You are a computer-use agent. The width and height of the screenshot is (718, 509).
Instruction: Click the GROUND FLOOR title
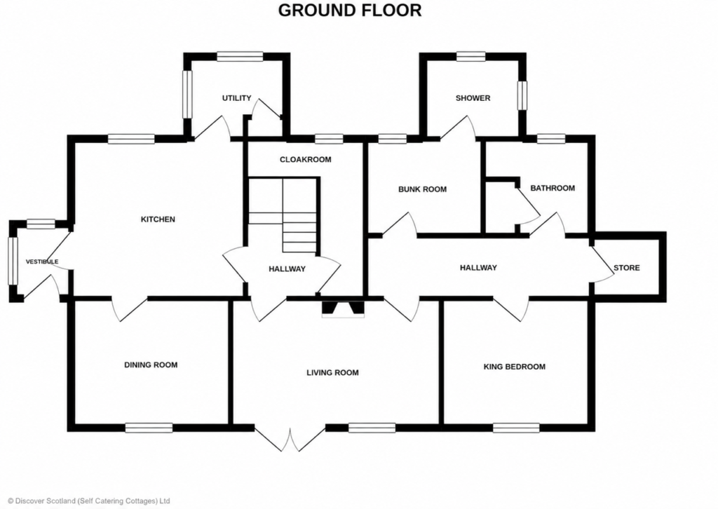(x=350, y=10)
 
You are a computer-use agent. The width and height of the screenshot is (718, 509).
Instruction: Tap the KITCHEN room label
(x=158, y=219)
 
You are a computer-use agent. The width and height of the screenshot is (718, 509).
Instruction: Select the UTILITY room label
(x=237, y=98)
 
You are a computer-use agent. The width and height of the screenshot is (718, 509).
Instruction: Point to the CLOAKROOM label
(x=306, y=159)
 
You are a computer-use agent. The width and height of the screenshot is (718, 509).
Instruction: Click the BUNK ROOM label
(x=422, y=189)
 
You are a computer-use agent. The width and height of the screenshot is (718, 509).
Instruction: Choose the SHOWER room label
(x=473, y=98)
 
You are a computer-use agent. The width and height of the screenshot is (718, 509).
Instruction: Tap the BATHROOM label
(x=553, y=188)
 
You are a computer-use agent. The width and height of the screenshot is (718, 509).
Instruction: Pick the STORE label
(x=626, y=268)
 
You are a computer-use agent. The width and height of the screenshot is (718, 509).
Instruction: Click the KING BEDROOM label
(x=515, y=367)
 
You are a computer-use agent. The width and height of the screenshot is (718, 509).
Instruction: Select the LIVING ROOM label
(x=332, y=372)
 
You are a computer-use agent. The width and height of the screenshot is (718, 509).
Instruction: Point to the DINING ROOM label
(x=151, y=365)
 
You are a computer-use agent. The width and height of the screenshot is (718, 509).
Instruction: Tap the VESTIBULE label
(x=42, y=262)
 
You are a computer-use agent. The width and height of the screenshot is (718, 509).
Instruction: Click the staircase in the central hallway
(x=283, y=215)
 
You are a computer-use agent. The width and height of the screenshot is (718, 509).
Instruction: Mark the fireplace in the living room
(x=344, y=308)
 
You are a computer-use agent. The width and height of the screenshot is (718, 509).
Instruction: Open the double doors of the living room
(x=290, y=440)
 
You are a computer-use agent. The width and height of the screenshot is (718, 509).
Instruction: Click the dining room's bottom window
(x=149, y=428)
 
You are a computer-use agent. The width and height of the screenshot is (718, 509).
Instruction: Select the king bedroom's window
(x=516, y=428)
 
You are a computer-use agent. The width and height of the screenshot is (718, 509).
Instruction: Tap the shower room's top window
(x=470, y=56)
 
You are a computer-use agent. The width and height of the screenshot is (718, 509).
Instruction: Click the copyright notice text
(x=89, y=501)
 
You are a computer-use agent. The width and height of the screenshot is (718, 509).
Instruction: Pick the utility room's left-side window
(x=187, y=94)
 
